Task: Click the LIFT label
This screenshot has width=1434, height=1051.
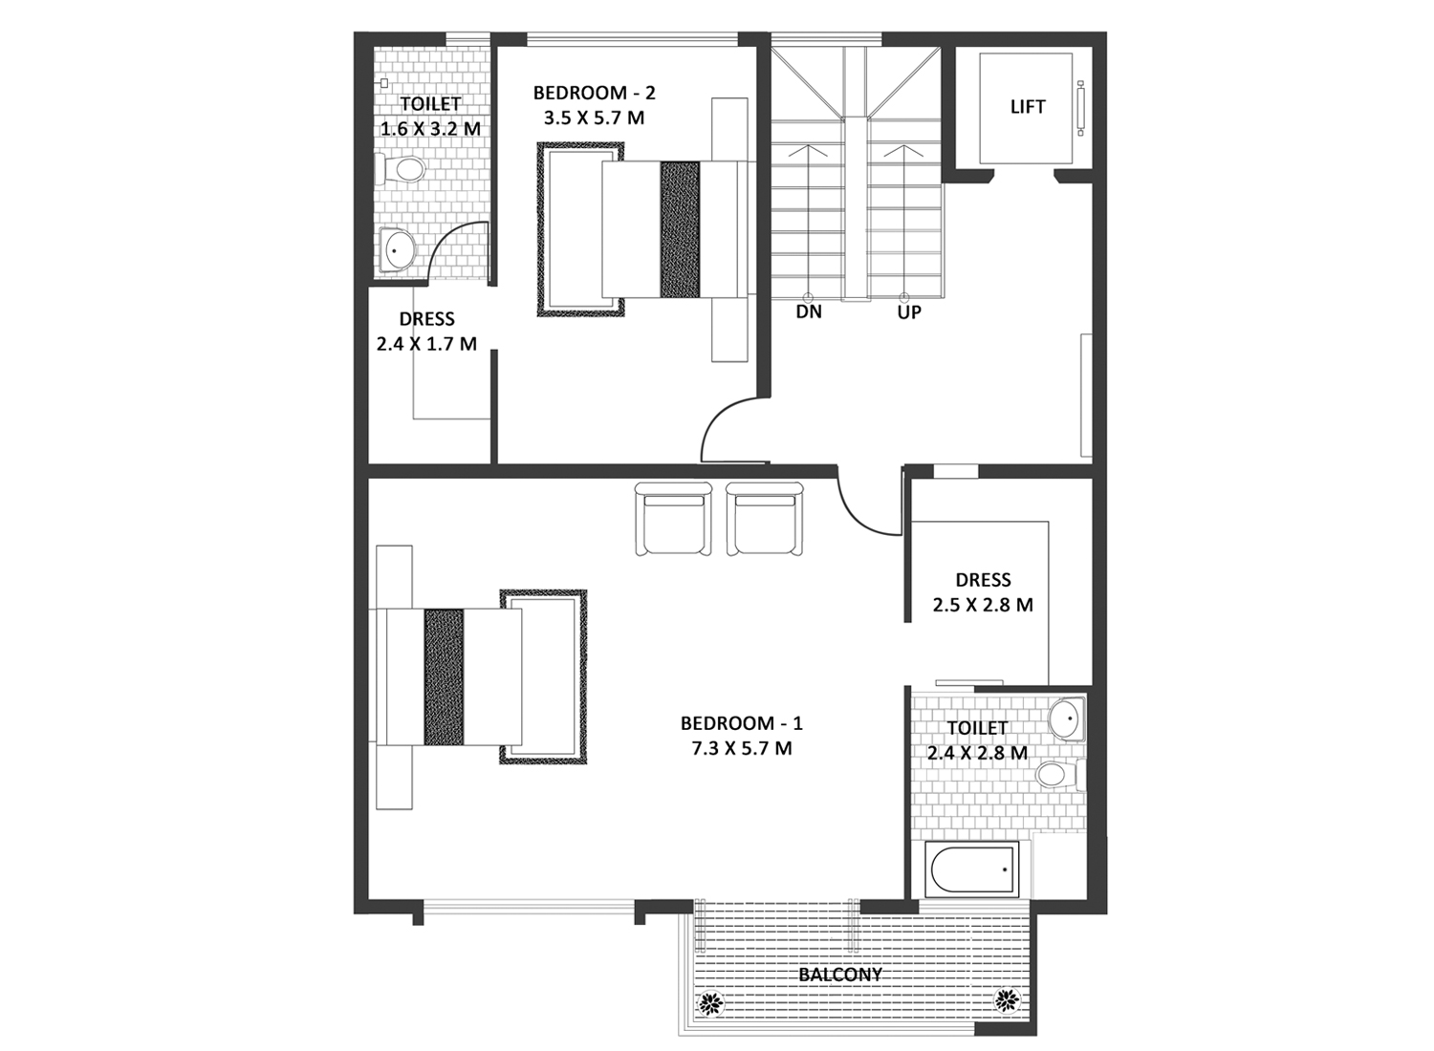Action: (x=1028, y=107)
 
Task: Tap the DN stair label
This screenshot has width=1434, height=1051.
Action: (x=809, y=312)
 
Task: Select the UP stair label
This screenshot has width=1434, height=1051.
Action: (x=909, y=312)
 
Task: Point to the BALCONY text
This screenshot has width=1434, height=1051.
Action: (x=840, y=975)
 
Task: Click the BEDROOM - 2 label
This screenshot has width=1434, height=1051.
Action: (x=594, y=93)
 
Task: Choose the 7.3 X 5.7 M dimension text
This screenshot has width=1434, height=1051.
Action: (x=741, y=748)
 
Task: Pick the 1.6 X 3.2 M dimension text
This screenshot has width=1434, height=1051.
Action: (x=430, y=129)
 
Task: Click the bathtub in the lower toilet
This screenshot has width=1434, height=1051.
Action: (x=972, y=869)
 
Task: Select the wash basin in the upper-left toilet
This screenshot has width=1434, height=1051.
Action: (x=397, y=249)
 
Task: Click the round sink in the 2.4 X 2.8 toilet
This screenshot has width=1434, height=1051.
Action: (x=1067, y=719)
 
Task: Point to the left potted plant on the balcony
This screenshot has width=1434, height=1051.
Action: (x=710, y=1002)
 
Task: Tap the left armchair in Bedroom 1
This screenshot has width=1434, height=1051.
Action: (x=673, y=519)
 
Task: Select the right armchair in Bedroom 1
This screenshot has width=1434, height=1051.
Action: (x=765, y=519)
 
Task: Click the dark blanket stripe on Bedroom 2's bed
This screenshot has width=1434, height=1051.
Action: (x=680, y=229)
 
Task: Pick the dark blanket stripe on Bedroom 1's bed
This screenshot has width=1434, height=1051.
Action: (x=444, y=676)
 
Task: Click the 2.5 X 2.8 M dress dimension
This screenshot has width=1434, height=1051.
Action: (x=983, y=605)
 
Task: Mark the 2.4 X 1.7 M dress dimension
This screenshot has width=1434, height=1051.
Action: (x=426, y=344)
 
